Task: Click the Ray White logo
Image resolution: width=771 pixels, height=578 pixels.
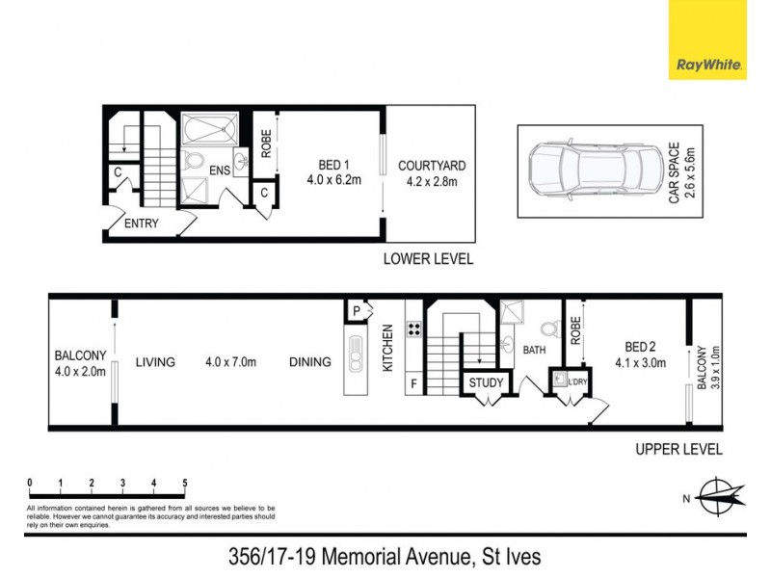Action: coord(709,39)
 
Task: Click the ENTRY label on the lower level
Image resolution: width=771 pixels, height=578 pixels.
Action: coord(143,224)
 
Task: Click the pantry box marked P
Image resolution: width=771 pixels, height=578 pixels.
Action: coord(357,311)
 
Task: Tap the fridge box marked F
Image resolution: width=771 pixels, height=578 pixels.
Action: coord(414,383)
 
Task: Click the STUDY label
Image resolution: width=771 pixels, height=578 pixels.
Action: coord(486,383)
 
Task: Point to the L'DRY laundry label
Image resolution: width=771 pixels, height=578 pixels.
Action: coord(578,383)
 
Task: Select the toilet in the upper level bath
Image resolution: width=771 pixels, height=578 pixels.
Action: coord(552,328)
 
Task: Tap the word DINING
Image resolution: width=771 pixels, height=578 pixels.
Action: coord(309,362)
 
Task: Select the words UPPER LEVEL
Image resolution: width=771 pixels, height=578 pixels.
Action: coord(678,449)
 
